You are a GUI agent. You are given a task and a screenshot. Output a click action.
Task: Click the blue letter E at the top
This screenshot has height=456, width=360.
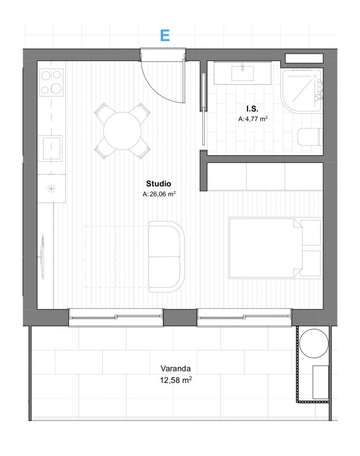point(165,36)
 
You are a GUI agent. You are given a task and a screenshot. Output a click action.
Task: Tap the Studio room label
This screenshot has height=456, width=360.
point(158,184)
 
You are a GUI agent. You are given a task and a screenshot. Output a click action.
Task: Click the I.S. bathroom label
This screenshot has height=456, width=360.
point(252,109)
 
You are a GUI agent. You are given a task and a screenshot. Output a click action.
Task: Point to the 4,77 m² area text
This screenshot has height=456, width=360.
point(256,119)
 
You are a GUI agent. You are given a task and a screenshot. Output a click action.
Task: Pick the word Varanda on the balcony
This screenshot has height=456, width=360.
point(176,368)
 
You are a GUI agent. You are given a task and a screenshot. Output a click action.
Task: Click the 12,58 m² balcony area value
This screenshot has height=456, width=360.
point(176,380)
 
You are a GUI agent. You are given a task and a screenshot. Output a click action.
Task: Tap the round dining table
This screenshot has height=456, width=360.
point(122,131)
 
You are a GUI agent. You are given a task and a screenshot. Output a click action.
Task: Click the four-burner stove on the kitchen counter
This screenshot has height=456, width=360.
point(52,82)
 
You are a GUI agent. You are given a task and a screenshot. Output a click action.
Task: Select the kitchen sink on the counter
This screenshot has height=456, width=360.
point(52,148)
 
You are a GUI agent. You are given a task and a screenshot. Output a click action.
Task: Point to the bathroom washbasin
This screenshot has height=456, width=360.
point(242,73)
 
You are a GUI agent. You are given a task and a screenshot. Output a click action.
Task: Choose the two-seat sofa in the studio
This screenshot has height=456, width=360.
point(166,257)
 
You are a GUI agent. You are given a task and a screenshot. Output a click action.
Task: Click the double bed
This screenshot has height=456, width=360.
point(275,248)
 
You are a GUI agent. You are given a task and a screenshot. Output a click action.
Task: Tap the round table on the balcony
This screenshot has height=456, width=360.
point(314,343)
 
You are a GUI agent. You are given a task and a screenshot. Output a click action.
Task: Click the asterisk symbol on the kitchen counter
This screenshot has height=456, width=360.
point(51,189)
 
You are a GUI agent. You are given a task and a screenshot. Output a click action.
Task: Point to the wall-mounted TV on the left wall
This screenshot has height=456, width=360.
point(43,257)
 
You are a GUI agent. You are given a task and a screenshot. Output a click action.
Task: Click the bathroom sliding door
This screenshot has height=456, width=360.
point(203,109)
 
